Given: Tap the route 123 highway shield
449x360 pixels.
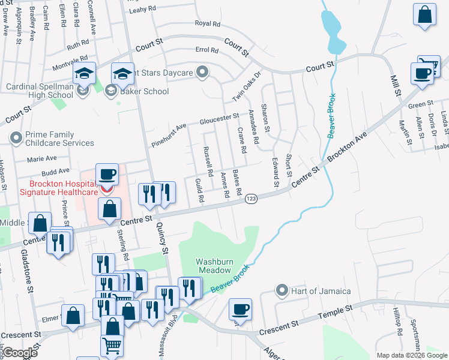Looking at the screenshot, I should (252, 199).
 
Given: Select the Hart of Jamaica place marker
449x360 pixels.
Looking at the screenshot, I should (282, 291).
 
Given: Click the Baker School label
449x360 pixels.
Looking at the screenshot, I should (143, 91).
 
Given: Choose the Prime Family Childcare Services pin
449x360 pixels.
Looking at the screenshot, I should (16, 139).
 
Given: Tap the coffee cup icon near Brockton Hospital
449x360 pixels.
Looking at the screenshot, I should (107, 175).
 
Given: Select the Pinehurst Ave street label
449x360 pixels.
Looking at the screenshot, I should (169, 136).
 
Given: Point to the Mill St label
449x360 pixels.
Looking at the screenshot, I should (396, 85).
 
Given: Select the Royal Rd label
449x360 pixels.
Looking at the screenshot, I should (208, 24).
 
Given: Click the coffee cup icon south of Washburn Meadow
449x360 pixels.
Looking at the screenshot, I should (240, 310).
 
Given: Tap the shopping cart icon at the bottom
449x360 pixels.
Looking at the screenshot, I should (112, 347).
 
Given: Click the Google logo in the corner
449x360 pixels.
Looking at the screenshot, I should (20, 353).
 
